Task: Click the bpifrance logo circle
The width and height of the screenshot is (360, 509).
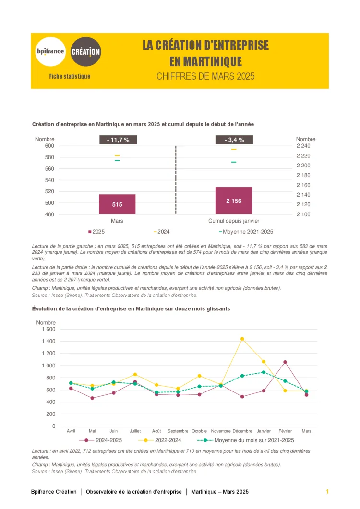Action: click(x=50, y=51)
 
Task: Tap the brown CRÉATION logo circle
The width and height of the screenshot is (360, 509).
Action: click(x=86, y=51)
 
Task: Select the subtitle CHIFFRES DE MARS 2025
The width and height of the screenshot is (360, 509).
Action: click(x=205, y=76)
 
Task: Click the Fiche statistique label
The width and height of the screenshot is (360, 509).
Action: click(x=70, y=76)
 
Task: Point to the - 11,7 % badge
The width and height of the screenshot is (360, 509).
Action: click(x=118, y=140)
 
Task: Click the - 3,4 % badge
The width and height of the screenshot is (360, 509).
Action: click(x=234, y=140)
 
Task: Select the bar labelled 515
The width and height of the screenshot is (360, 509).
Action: click(x=117, y=204)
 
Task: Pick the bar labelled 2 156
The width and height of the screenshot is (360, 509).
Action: click(x=234, y=201)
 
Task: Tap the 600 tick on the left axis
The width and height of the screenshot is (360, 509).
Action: click(x=50, y=146)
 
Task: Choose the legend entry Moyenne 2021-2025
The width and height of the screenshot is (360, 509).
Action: click(x=249, y=232)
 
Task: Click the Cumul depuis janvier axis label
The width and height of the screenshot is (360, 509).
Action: click(x=234, y=221)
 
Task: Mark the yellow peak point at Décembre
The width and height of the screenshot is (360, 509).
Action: click(x=242, y=339)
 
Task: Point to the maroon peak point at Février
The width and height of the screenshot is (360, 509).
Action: click(x=285, y=362)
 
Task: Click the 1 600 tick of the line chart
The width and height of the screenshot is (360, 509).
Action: click(x=48, y=329)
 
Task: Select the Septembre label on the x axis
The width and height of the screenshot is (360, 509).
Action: click(x=178, y=431)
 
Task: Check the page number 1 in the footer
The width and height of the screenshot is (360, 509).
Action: click(x=327, y=492)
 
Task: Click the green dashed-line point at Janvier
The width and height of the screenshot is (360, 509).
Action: click(x=264, y=372)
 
